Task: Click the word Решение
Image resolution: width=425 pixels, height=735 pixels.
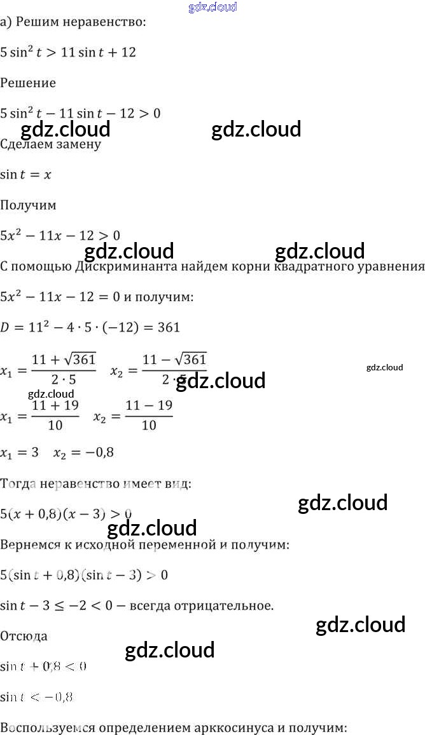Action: (x=28, y=83)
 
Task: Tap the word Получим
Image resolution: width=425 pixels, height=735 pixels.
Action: (x=28, y=205)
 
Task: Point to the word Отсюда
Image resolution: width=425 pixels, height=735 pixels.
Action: (x=24, y=636)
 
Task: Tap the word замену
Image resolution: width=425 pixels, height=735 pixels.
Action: (x=78, y=144)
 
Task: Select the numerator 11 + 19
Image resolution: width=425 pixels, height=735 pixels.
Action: (x=55, y=406)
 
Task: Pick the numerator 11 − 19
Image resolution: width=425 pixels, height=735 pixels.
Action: (x=149, y=406)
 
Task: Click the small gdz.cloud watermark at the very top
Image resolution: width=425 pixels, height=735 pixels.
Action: (x=213, y=7)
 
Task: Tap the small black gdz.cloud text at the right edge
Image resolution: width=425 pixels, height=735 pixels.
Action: (x=384, y=367)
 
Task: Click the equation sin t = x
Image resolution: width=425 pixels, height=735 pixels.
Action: (x=25, y=175)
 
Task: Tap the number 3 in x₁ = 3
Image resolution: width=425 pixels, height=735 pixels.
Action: (x=34, y=453)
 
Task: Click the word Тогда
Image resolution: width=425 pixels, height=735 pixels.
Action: (x=18, y=483)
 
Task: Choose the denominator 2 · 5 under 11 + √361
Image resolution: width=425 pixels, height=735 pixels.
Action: (x=63, y=380)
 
